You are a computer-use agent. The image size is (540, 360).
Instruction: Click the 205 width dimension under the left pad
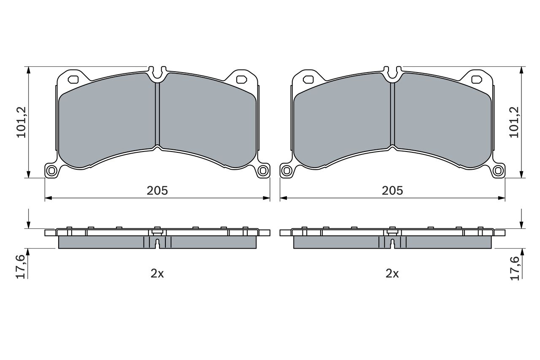(x=157, y=191)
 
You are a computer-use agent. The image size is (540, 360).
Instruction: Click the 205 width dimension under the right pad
(x=392, y=191)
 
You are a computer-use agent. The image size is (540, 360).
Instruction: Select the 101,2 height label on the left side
(x=21, y=122)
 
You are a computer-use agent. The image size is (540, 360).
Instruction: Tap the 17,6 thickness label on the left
(x=21, y=267)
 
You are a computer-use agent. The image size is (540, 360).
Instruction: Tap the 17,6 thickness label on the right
(x=514, y=268)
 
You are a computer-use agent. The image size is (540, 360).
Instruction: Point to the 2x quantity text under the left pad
(x=157, y=273)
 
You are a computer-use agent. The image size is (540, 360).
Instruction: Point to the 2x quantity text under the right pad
(x=392, y=273)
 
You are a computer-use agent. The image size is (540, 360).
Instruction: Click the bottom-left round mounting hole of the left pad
(x=51, y=171)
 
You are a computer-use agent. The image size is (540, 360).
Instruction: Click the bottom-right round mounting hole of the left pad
(x=262, y=171)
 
